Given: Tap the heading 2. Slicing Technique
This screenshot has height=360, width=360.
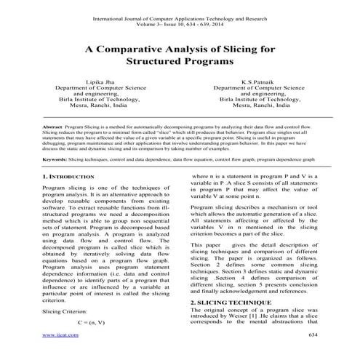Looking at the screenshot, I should coord(229,301).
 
